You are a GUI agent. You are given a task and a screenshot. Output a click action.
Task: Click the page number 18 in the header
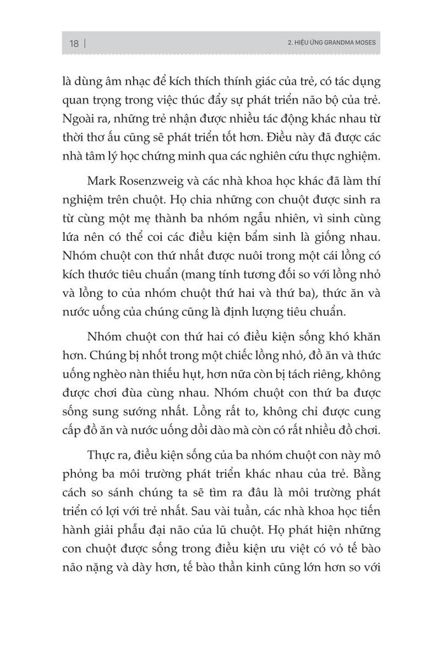(74, 44)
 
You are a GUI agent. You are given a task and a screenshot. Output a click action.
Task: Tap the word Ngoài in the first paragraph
(81, 120)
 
